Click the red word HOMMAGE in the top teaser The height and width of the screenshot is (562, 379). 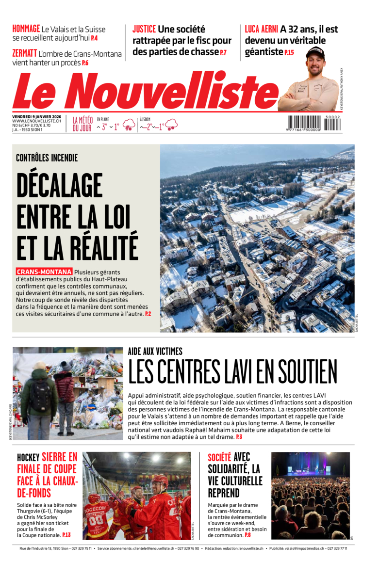coord(26,29)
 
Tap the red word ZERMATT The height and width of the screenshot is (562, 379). coord(24,54)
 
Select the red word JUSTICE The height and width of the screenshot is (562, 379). coord(144,29)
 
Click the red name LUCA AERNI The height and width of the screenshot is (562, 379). coord(261,29)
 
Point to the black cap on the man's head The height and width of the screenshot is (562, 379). coord(315,52)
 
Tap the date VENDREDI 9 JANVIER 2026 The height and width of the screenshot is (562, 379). coord(36,116)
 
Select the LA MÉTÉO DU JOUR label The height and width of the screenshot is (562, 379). coord(82,124)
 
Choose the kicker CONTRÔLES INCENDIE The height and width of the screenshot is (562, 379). coord(47,158)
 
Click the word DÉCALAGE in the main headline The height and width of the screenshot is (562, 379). coord(60,187)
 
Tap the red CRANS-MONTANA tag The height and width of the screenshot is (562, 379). coord(44,272)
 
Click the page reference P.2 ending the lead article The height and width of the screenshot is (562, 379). coord(148,314)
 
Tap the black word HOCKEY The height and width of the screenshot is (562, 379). coord(28,458)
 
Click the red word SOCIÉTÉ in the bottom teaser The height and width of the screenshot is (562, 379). coord(219,457)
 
